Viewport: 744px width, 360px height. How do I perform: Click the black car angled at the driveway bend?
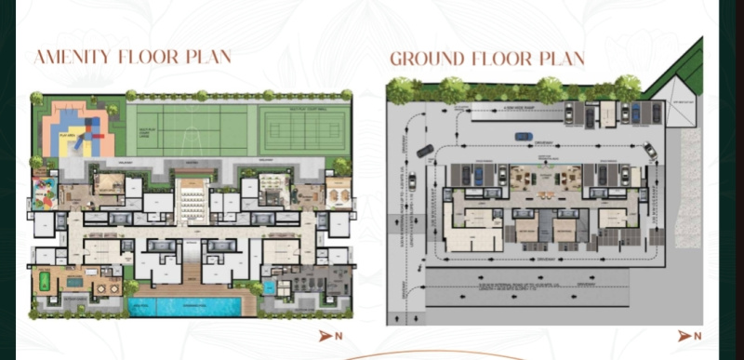(x=424, y=151)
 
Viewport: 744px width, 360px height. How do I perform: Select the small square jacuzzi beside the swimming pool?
(x=269, y=288)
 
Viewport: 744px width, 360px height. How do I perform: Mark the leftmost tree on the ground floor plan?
(x=401, y=90)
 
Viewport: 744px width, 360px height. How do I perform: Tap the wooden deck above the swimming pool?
(x=192, y=275)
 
